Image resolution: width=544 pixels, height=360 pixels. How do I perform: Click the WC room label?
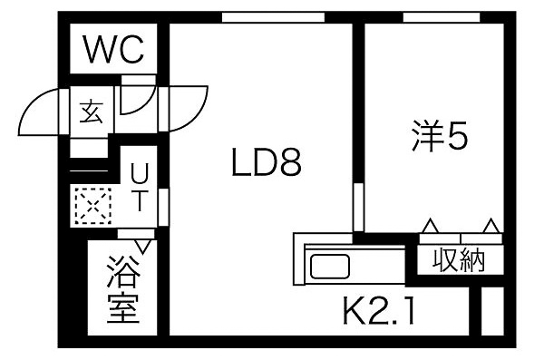click(x=113, y=50)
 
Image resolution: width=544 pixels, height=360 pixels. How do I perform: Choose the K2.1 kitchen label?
click(x=378, y=314)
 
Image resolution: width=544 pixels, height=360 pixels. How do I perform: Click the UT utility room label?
click(x=140, y=186)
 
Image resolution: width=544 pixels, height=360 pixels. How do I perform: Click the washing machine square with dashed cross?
click(x=92, y=205)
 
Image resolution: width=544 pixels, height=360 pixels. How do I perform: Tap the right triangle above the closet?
click(x=491, y=225)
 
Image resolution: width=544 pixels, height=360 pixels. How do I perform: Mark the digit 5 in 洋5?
click(x=457, y=137)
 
